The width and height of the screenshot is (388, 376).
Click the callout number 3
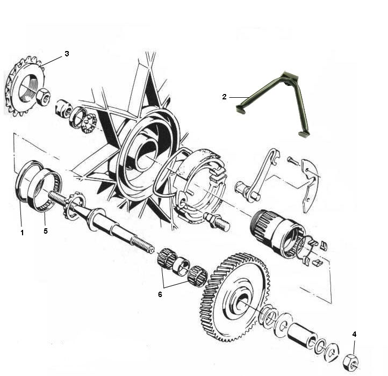(x=67, y=54)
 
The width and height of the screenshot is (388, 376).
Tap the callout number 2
(x=224, y=97)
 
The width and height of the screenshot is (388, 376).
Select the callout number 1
(x=22, y=233)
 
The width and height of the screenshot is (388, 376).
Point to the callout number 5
(x=46, y=231)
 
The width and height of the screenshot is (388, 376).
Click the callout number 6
(x=160, y=294)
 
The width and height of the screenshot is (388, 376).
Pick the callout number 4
(x=354, y=334)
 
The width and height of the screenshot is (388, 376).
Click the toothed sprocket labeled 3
(x=25, y=86)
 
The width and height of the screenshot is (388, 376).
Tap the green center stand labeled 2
(x=273, y=104)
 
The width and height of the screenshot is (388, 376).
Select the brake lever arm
(x=257, y=175)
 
